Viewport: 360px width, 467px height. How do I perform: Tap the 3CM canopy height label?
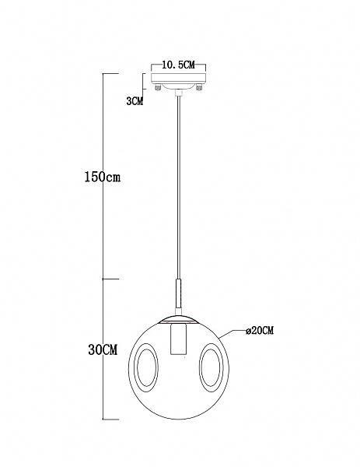click(x=134, y=101)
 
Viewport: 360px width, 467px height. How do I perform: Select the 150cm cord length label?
click(x=103, y=177)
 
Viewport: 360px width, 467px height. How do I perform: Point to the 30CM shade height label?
click(x=103, y=350)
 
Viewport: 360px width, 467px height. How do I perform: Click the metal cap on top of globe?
click(x=178, y=319)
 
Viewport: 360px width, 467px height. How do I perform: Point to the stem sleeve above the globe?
click(x=178, y=296)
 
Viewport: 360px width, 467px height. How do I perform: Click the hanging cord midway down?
click(x=178, y=187)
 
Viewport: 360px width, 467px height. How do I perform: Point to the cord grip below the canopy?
click(x=178, y=95)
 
